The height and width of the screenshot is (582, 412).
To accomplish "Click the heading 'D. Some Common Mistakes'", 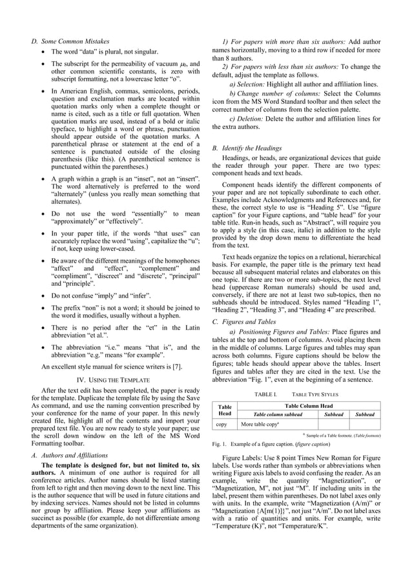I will point(70,41).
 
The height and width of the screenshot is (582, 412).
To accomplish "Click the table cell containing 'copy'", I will point(221,425).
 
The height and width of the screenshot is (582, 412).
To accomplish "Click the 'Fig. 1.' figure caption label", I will point(221,445).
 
